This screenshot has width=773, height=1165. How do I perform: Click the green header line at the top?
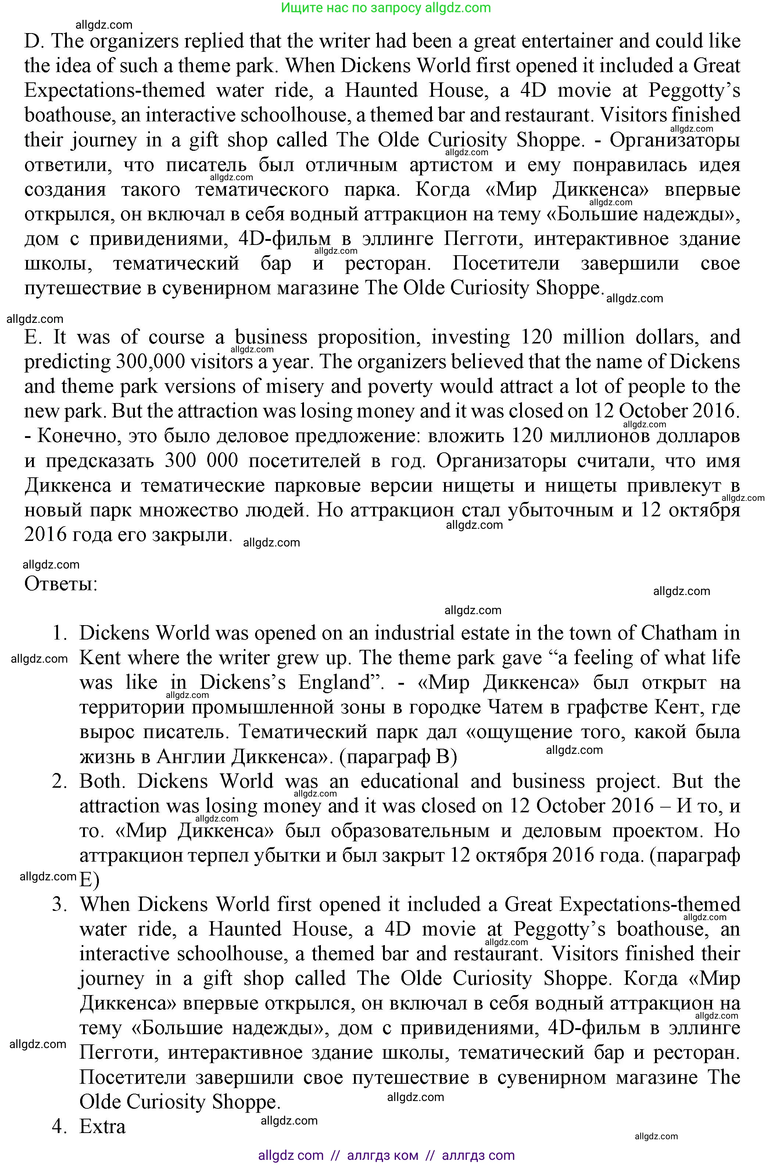click(x=386, y=8)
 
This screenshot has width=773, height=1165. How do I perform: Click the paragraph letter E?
click(x=32, y=337)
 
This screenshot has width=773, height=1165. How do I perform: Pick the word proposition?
click(x=369, y=337)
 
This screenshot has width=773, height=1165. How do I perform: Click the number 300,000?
click(x=150, y=362)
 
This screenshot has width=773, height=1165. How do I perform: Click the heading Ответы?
click(x=61, y=584)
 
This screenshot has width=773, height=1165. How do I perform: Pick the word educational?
click(x=410, y=781)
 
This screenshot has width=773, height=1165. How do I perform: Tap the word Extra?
click(x=103, y=1126)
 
